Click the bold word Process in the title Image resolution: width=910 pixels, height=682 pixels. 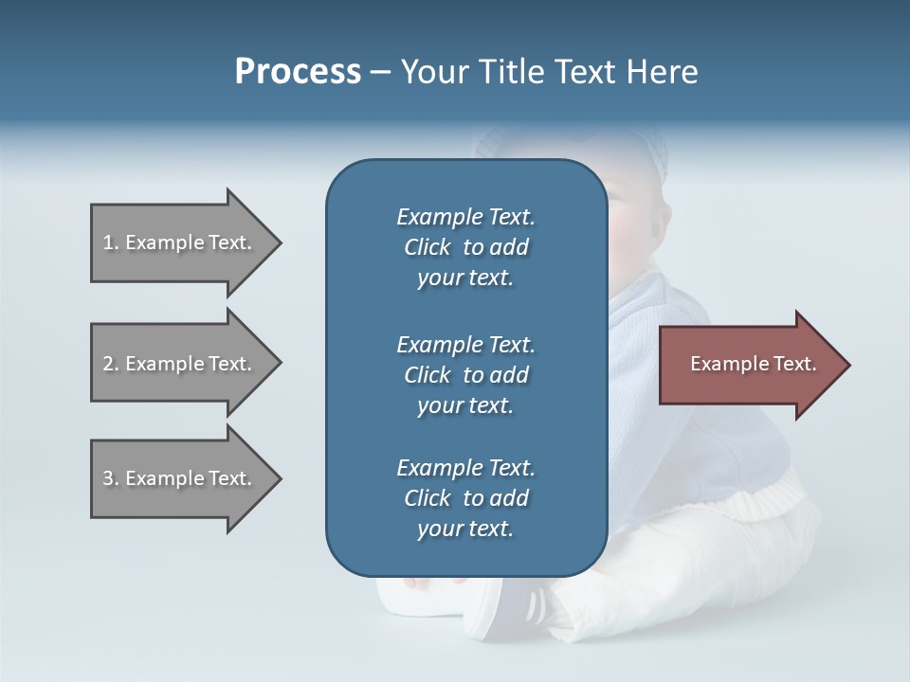click(298, 72)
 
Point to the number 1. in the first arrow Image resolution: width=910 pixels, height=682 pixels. click(111, 242)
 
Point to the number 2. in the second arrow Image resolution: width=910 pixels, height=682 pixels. click(111, 364)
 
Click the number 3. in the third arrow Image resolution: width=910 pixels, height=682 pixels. click(111, 478)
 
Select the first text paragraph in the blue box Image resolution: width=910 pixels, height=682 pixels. click(465, 247)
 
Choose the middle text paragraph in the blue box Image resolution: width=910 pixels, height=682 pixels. click(465, 374)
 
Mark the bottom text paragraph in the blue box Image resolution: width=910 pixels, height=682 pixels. click(465, 498)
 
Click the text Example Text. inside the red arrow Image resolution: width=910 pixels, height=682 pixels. click(754, 364)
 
